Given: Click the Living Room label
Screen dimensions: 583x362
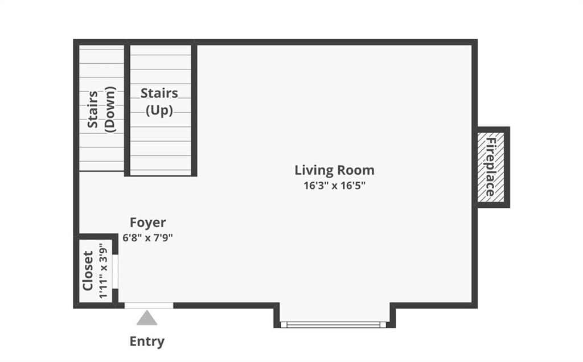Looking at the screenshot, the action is coord(334,170).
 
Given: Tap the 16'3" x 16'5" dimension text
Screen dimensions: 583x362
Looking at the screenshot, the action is coord(334,185).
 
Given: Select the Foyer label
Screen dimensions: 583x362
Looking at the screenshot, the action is coord(147,223).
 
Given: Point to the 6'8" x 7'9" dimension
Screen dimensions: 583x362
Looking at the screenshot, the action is coord(147,237).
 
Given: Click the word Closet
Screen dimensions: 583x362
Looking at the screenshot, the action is coord(88,270).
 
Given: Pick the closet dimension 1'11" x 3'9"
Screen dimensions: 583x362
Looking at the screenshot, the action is coord(103,271).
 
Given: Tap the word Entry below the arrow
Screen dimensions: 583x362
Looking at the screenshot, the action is coord(147,341).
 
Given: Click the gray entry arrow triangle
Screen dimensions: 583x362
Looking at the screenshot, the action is coord(147,318).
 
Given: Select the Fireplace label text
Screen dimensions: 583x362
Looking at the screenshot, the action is coord(491,167).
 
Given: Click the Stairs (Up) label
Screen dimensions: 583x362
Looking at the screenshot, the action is coord(159,101).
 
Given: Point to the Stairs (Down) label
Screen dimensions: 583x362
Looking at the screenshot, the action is coord(101,109).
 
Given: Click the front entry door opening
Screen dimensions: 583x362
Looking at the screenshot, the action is coord(149,306).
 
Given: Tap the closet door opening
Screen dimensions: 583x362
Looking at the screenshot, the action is coord(115,271).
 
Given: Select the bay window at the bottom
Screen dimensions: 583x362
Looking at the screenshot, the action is coord(333,324).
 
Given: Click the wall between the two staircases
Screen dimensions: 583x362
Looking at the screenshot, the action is coord(127,108).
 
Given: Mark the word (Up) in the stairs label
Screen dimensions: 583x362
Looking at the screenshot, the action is coord(159,110).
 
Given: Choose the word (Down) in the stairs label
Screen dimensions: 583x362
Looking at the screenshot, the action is coord(110,109).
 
